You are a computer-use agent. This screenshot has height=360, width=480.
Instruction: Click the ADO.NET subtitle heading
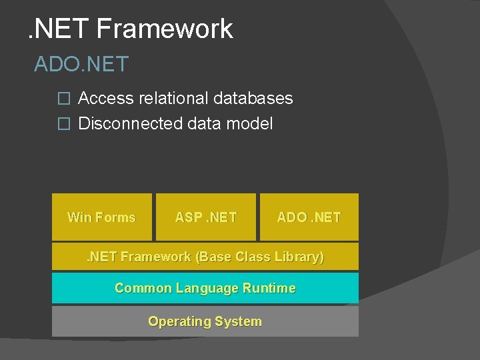(81, 65)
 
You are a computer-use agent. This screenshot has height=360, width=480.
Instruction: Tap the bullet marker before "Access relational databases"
(63, 99)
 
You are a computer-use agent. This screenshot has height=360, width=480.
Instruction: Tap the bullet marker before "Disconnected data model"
(63, 124)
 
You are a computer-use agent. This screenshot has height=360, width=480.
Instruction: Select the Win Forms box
(102, 217)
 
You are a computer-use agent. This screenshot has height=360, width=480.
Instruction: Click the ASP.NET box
(205, 217)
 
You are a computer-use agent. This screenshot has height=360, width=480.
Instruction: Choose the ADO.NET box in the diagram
(309, 217)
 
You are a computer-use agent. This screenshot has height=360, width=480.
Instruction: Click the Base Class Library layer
(205, 257)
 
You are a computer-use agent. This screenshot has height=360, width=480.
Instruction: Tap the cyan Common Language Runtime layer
(205, 288)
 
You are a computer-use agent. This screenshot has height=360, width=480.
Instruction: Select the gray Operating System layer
(205, 321)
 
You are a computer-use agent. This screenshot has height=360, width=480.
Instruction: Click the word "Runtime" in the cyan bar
(269, 288)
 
